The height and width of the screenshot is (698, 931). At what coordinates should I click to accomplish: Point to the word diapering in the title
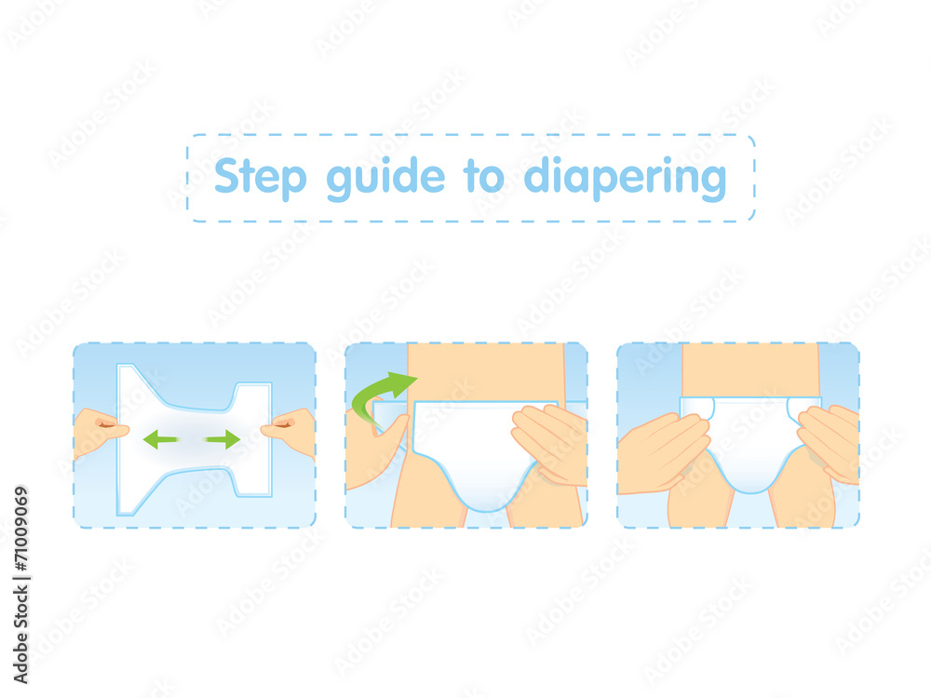click(x=624, y=178)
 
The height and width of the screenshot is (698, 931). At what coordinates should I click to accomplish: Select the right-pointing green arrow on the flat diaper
click(x=223, y=439)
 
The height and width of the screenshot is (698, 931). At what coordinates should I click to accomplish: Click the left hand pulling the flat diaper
click(x=100, y=432)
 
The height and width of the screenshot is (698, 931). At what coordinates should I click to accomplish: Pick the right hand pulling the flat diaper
click(x=290, y=430)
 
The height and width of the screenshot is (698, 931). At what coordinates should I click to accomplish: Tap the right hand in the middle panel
click(x=550, y=443)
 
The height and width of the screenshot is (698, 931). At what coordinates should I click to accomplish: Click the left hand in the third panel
click(x=662, y=451)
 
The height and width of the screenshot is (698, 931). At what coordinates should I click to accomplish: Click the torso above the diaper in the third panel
click(x=750, y=369)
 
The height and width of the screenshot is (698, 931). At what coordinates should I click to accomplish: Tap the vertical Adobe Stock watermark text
click(x=21, y=558)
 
